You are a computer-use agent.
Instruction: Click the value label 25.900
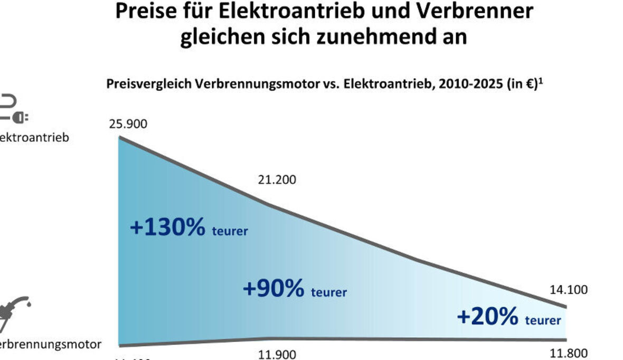click(x=128, y=125)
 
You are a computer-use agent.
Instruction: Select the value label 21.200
click(x=277, y=179)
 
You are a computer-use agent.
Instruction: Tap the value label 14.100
click(x=569, y=290)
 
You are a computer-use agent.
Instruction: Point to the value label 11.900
click(x=277, y=354)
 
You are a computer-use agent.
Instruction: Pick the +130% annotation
click(x=167, y=228)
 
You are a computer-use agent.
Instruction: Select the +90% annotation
click(x=273, y=289)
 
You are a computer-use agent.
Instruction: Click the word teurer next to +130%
click(x=230, y=231)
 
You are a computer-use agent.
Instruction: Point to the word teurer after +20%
click(x=543, y=320)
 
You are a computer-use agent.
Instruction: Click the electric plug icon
click(x=15, y=110)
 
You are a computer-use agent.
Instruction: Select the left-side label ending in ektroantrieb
click(x=34, y=138)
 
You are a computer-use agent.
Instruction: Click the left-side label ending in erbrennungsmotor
click(x=50, y=345)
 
